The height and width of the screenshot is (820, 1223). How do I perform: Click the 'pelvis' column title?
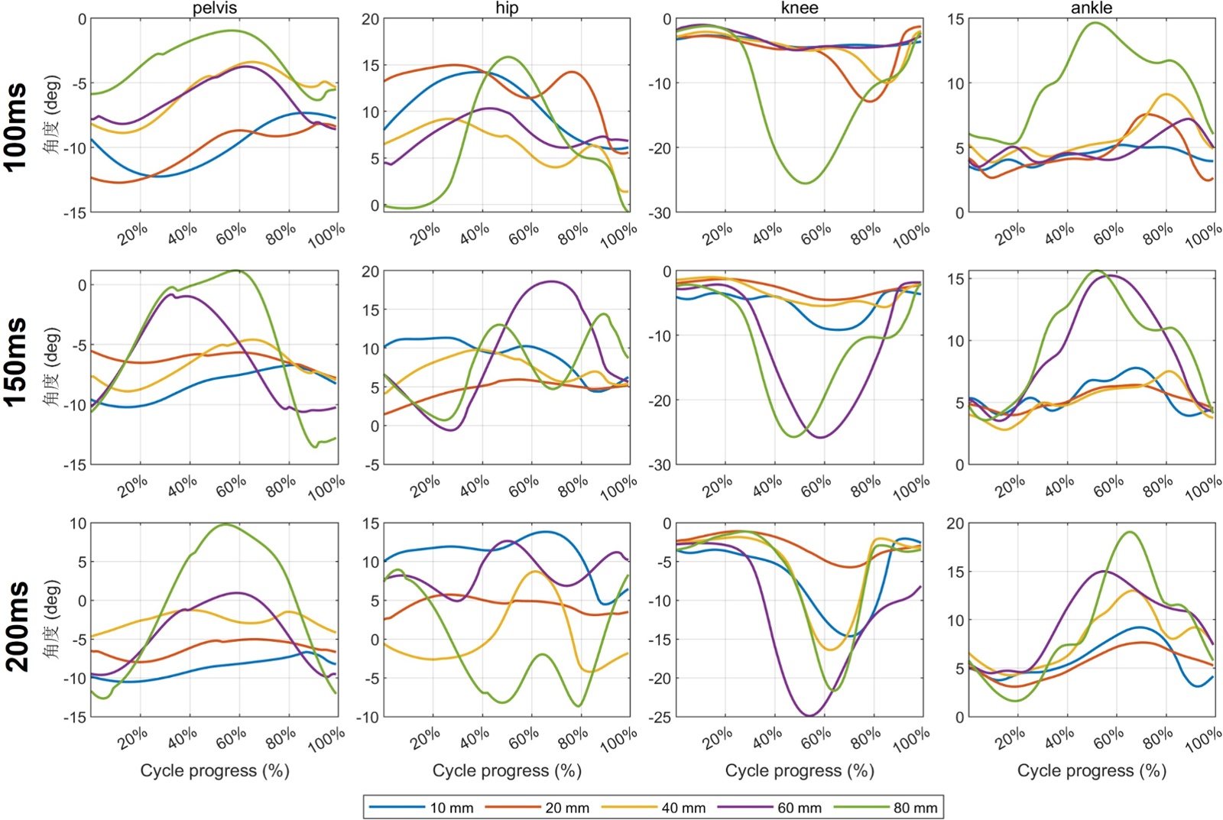click(x=215, y=8)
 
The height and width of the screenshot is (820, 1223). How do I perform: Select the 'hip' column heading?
click(x=507, y=8)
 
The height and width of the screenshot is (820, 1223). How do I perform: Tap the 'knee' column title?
click(x=800, y=8)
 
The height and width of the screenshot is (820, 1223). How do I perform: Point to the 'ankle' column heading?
click(x=1092, y=8)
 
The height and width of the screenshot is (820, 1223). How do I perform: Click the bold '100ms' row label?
click(x=17, y=127)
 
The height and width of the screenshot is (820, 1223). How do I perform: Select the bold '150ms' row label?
click(x=17, y=362)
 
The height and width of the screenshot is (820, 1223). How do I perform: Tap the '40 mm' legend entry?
click(x=683, y=808)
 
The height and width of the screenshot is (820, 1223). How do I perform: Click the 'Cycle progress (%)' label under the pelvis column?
click(x=215, y=771)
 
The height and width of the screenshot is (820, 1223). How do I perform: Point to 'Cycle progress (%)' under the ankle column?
click(x=1092, y=771)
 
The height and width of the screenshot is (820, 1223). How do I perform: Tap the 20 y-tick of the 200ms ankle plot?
click(x=955, y=524)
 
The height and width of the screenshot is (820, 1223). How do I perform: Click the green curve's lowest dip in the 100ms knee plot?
click(x=806, y=183)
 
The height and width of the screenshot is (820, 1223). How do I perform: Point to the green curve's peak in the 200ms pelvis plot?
click(x=225, y=524)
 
